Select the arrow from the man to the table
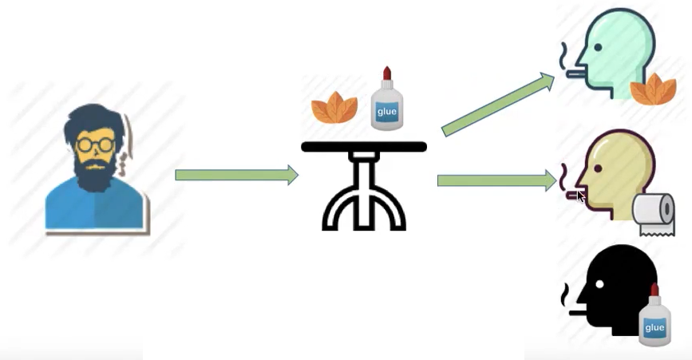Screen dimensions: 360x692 [x=236, y=175]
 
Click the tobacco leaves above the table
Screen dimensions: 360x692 [x=334, y=108]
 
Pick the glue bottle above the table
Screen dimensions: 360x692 [x=387, y=100]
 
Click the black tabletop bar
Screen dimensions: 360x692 [x=364, y=147]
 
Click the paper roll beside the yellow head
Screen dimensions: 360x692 [x=654, y=213]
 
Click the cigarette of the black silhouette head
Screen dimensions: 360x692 [x=576, y=312]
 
